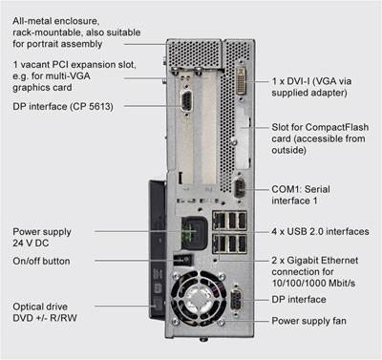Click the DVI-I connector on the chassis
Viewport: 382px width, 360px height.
point(242,80)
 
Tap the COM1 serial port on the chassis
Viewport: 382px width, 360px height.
point(240,189)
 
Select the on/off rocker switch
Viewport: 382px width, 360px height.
point(182,260)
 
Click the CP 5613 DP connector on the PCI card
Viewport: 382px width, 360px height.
point(186,101)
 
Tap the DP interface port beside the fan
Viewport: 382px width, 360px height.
point(236,300)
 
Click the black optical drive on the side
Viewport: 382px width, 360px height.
point(157,250)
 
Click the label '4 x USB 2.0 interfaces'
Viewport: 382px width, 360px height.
point(320,231)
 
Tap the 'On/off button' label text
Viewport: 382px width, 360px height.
point(41,261)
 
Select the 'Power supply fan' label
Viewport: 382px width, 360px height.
point(308,321)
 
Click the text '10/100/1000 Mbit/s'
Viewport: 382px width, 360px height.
point(313,283)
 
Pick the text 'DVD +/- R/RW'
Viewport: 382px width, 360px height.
point(45,318)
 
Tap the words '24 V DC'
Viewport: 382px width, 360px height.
point(31,244)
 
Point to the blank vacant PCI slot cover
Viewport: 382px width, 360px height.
point(208,127)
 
